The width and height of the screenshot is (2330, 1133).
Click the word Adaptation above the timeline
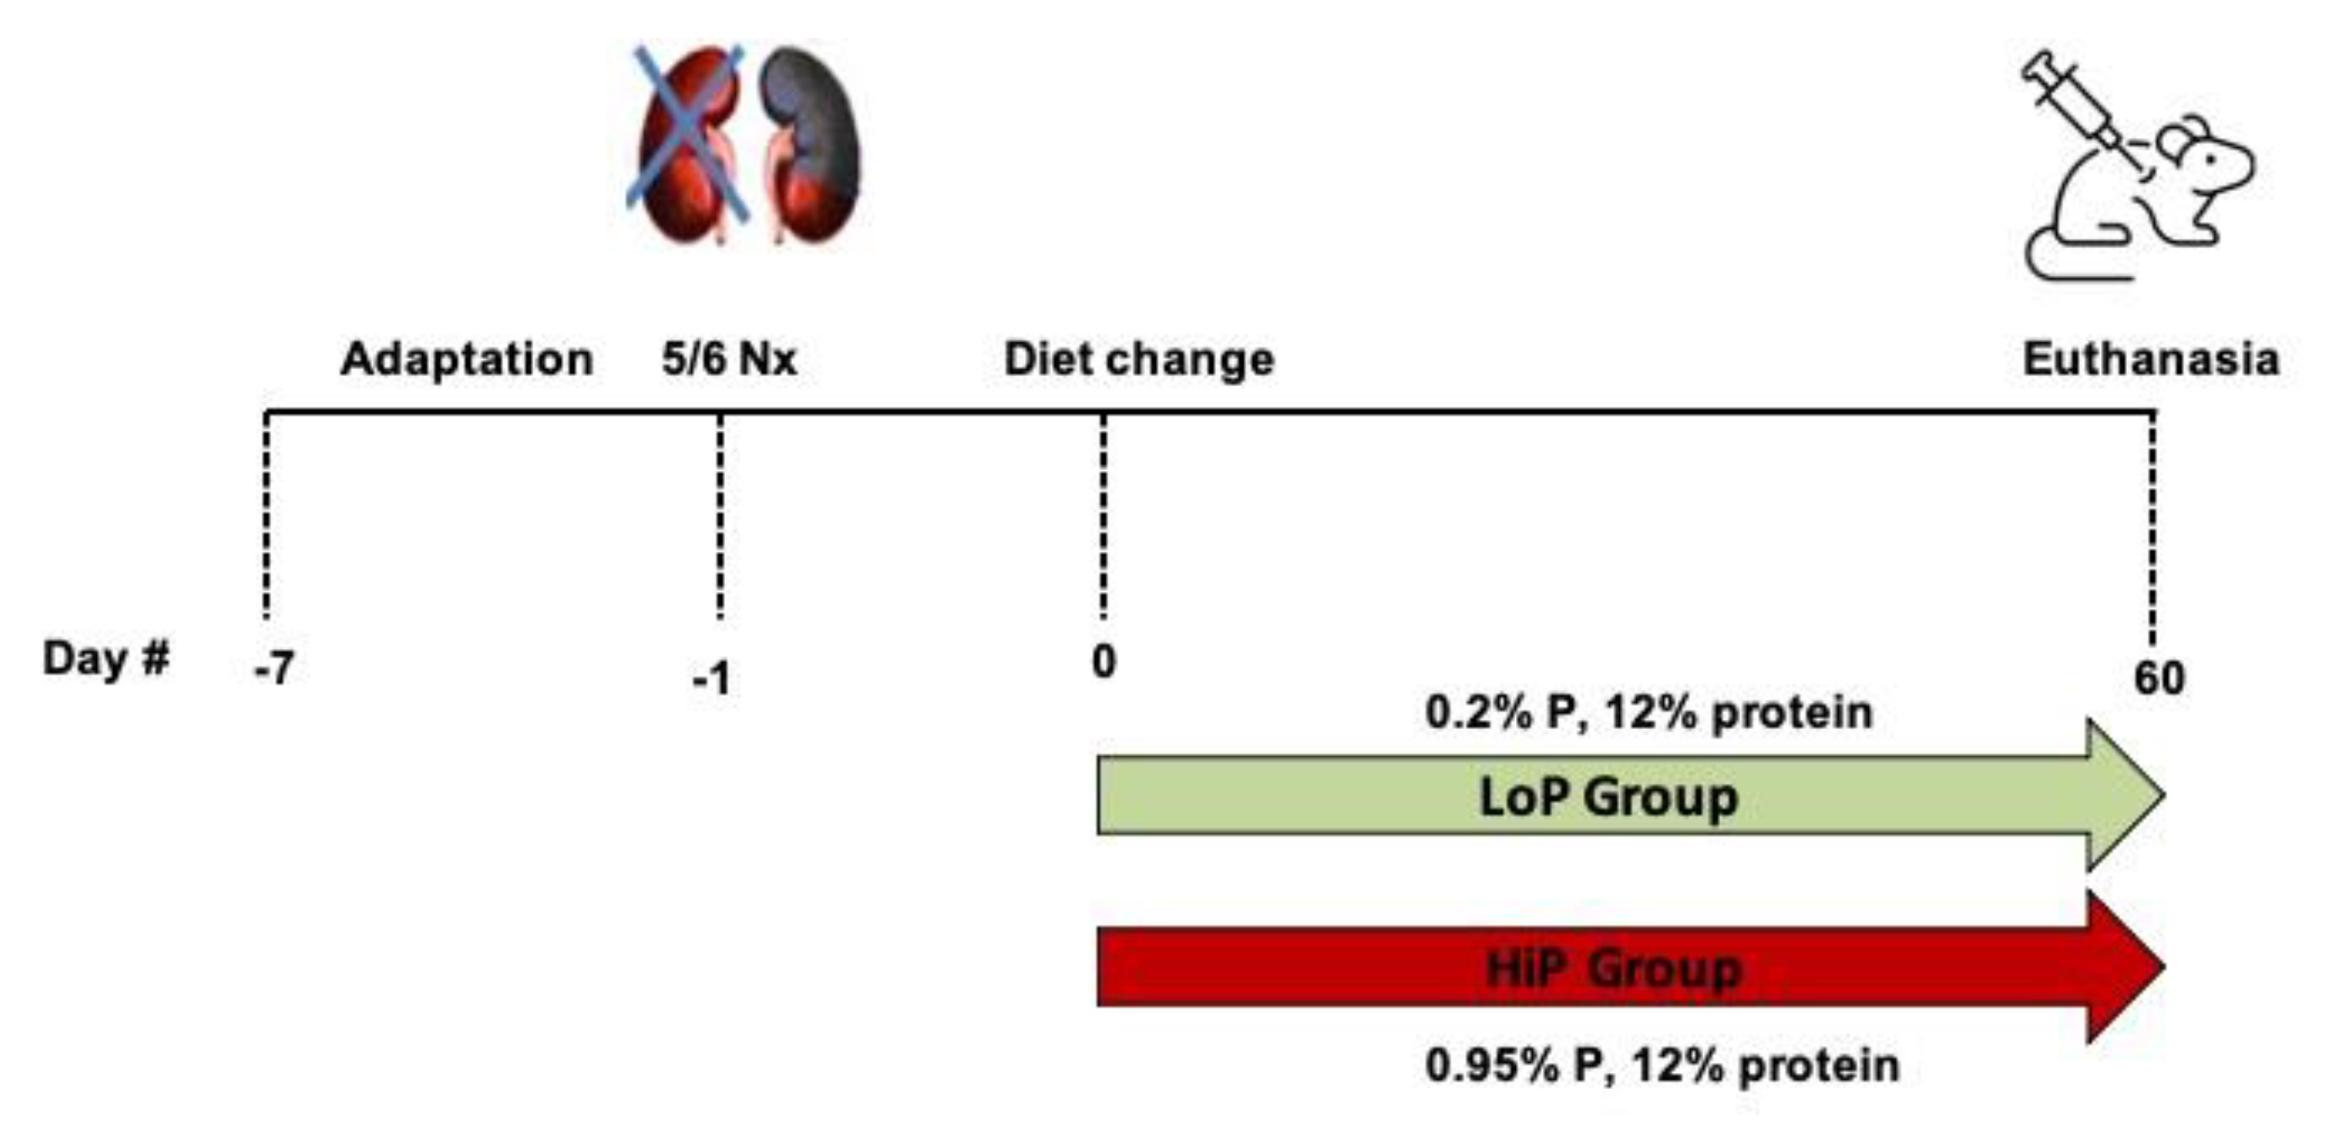(x=467, y=359)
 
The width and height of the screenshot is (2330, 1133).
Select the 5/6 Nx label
(x=729, y=359)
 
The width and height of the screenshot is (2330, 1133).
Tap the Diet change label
(x=1139, y=359)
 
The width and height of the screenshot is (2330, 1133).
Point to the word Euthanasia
(x=2150, y=359)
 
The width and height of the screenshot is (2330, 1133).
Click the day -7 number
(x=274, y=669)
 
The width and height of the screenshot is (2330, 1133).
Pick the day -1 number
(x=712, y=678)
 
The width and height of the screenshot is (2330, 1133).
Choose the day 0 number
(x=1103, y=662)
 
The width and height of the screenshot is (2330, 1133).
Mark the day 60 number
(x=2159, y=678)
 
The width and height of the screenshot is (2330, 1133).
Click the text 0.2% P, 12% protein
(x=1648, y=712)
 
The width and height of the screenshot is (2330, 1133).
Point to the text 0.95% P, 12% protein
(x=1662, y=1065)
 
